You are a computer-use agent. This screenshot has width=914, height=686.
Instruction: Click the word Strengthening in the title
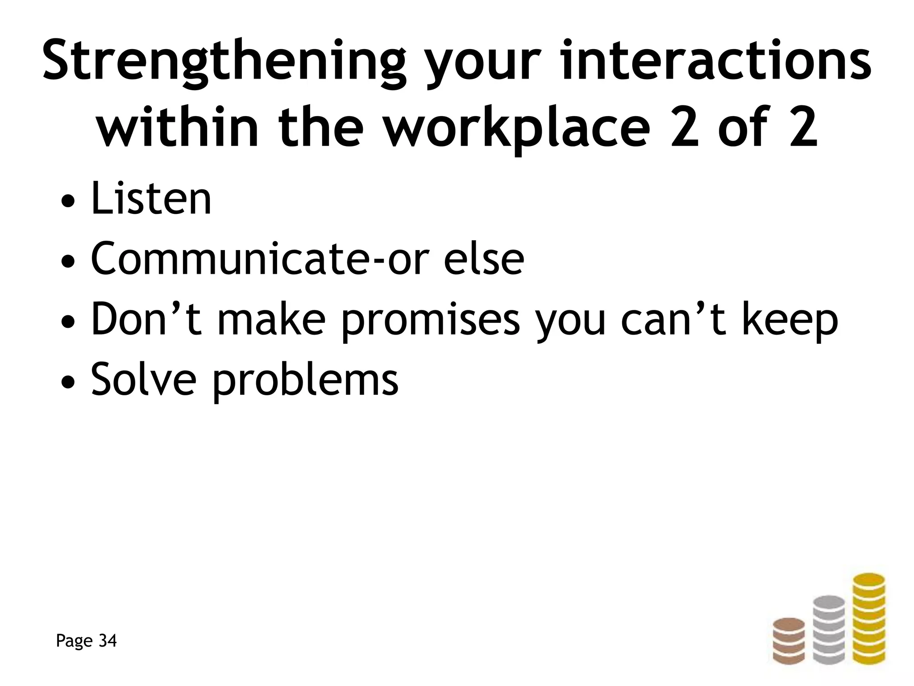[x=223, y=63]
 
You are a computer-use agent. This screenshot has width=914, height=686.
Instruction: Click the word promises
[x=430, y=320]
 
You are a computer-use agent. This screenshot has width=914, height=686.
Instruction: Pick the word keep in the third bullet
[x=790, y=320]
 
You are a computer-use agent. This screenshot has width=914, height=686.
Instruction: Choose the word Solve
[x=143, y=379]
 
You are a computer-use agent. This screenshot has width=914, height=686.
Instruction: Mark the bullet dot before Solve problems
[x=66, y=382]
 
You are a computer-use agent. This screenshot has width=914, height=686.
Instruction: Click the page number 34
[x=107, y=640]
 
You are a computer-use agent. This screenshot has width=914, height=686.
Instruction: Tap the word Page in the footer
[x=74, y=641]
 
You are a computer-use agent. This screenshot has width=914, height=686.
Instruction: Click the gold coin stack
[x=868, y=625]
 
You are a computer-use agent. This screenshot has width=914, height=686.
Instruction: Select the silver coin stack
[x=829, y=636]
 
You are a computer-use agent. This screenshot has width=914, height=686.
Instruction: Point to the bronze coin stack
[x=789, y=647]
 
